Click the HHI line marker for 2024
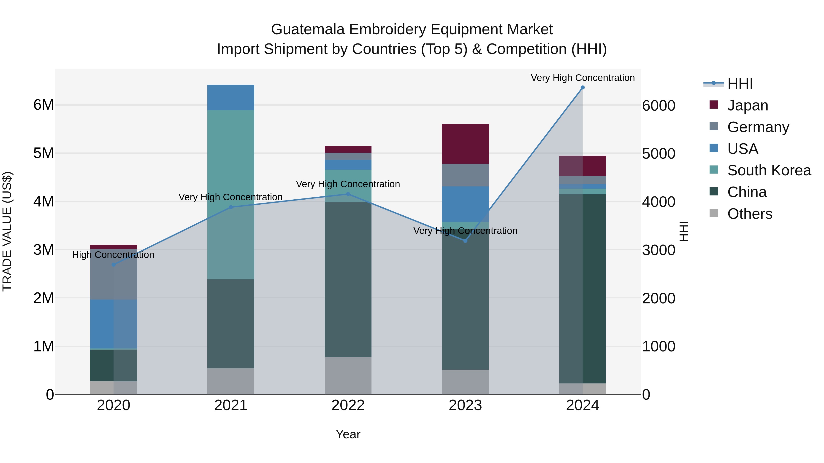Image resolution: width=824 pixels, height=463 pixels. click(583, 88)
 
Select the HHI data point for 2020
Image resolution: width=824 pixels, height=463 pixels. click(114, 265)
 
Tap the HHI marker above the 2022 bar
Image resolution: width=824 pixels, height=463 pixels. click(348, 194)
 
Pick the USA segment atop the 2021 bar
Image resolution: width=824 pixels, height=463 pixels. click(231, 97)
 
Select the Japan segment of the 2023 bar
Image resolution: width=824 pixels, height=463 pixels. click(465, 144)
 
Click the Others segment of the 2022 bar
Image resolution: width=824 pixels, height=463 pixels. click(348, 375)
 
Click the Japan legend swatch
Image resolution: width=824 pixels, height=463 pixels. click(714, 105)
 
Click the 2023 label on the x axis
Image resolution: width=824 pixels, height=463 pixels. click(465, 405)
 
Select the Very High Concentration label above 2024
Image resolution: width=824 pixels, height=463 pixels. click(583, 78)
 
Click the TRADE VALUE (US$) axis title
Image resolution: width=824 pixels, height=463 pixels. click(7, 231)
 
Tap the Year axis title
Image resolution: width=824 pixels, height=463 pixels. click(348, 434)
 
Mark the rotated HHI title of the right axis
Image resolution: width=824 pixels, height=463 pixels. click(683, 231)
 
